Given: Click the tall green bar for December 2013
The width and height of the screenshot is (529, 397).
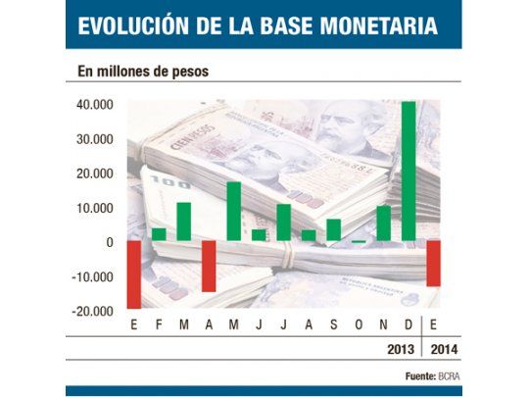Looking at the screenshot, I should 409,172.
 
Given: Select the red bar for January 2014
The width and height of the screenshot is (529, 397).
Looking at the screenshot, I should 434,263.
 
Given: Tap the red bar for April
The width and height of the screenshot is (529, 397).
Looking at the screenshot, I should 209,266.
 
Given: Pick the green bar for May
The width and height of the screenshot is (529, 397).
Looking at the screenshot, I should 233,211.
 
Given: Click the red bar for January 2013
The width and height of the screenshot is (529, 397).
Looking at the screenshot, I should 133,273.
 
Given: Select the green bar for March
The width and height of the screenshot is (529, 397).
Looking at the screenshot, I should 183,221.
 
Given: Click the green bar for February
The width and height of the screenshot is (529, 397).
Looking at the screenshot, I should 158,233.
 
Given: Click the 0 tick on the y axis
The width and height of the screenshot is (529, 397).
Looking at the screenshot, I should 109,242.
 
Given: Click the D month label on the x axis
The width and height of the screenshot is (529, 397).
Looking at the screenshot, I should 409,324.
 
